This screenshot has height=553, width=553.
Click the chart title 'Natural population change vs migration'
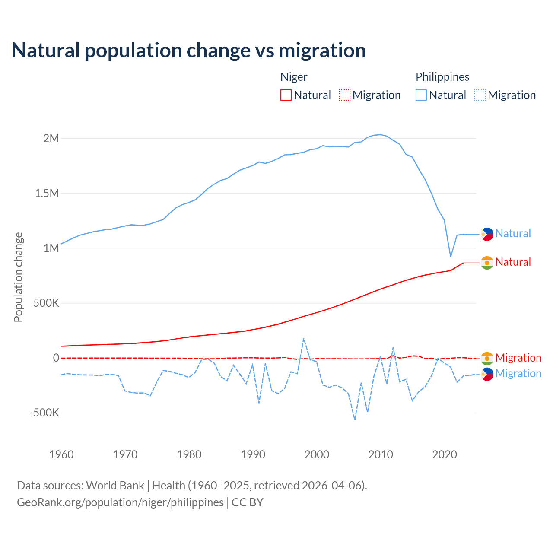[x=189, y=50]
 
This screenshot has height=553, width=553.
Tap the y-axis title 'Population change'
[x=18, y=277]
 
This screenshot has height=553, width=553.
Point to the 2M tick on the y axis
[x=51, y=138]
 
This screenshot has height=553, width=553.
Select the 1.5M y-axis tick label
[x=47, y=193]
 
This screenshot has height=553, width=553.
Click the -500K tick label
[x=44, y=413]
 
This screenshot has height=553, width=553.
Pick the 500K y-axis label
[x=46, y=303]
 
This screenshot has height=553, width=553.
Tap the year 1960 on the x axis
[x=61, y=454]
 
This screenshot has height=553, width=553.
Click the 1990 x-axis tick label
[x=253, y=454]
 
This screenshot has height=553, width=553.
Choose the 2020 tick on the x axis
[x=444, y=454]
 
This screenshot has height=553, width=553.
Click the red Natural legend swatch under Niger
[x=286, y=95]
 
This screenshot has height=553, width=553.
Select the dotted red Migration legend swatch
[x=345, y=95]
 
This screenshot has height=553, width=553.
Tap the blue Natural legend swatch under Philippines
[x=421, y=95]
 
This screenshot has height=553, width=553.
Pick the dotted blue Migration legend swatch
[x=480, y=95]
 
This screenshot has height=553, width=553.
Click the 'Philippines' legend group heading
[x=442, y=77]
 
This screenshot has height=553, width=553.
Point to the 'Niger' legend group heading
[x=294, y=77]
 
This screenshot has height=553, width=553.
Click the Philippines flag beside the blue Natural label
[x=487, y=234]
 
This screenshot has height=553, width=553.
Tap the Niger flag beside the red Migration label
[x=487, y=358]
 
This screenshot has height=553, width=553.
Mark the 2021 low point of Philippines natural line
[x=451, y=257]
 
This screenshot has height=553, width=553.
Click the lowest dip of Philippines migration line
[x=355, y=419]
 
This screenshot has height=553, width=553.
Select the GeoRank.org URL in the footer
[x=120, y=502]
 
